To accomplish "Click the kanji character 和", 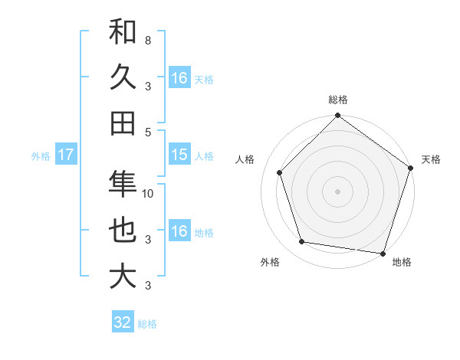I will (123, 32).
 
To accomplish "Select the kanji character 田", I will (123, 123).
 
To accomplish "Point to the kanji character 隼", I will (123, 185).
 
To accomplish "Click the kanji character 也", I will (123, 231).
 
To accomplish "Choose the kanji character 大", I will (123, 276).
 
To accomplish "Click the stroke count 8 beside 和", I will (147, 39).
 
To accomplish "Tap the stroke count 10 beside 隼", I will (149, 194).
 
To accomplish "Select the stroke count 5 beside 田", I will (147, 131).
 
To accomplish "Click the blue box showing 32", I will (123, 322).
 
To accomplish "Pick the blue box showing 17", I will (66, 155).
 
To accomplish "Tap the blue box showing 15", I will (179, 155).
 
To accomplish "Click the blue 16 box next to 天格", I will (179, 78).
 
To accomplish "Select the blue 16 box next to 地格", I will (179, 231).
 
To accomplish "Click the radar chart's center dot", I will (337, 191).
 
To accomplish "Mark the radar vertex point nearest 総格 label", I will (337, 116).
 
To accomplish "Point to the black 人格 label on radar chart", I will (245, 159).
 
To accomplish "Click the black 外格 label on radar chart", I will (270, 262).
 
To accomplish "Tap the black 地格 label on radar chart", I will (402, 262).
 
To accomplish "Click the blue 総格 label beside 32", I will (147, 324).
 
